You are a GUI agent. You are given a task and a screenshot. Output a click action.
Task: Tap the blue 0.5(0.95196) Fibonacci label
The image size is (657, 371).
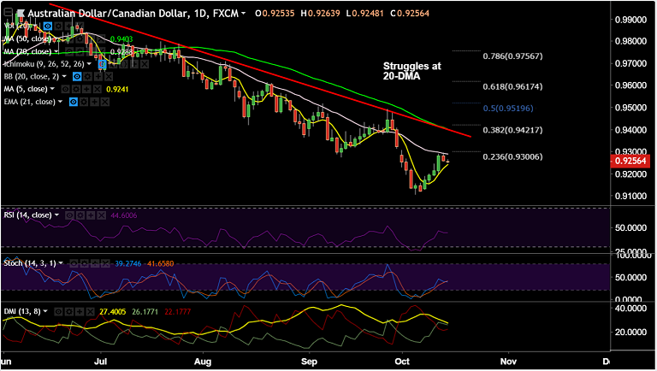click(x=512, y=109)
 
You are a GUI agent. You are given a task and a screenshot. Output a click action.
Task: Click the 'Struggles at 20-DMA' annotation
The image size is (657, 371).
click(x=411, y=71)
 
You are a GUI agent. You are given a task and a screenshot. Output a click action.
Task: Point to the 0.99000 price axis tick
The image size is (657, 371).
click(x=632, y=19)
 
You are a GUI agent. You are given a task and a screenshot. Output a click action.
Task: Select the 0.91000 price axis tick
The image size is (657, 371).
click(x=632, y=197)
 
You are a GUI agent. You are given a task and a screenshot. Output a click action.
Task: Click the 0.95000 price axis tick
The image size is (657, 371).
click(x=632, y=108)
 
